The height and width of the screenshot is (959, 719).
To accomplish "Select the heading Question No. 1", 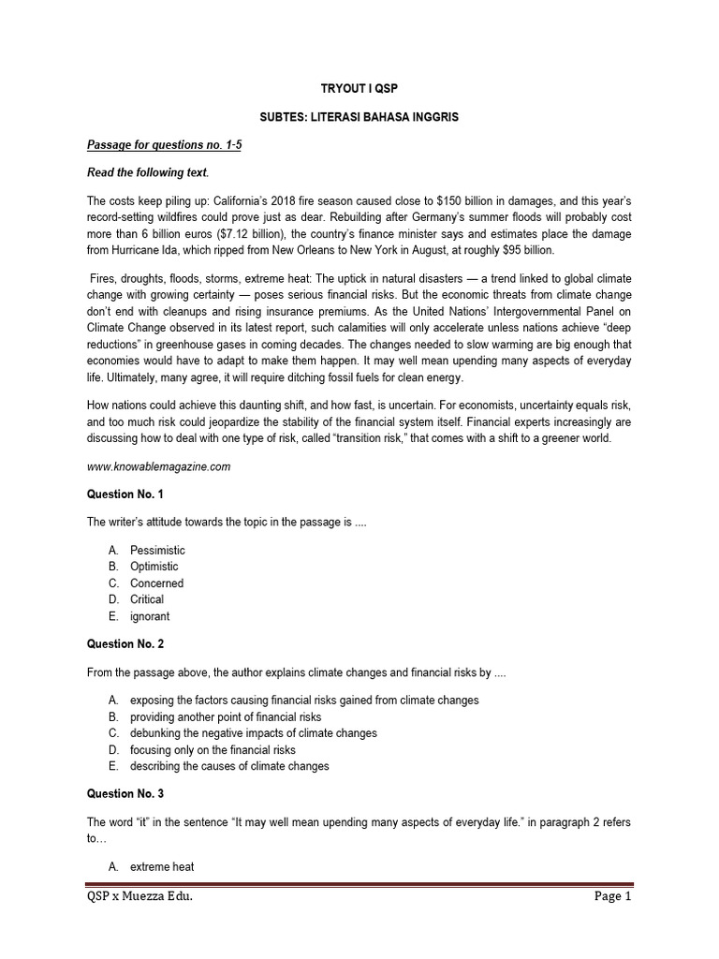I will point(125,494).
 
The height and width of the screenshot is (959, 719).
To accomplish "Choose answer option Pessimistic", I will point(157,550).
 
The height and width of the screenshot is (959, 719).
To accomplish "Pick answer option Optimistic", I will point(154,567).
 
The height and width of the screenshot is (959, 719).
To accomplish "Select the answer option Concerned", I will point(156,583).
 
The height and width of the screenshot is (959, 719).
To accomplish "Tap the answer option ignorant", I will point(150,616).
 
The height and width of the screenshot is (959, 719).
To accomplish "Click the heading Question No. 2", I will point(125,644).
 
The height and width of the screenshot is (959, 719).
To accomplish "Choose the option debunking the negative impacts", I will point(253,733).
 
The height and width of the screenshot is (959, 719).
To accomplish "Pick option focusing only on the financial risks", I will point(213,750).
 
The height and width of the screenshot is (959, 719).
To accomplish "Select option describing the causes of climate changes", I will point(229,766).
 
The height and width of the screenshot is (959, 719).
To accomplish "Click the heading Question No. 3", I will point(125,794).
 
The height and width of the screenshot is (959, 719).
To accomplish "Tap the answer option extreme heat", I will point(162,867).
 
